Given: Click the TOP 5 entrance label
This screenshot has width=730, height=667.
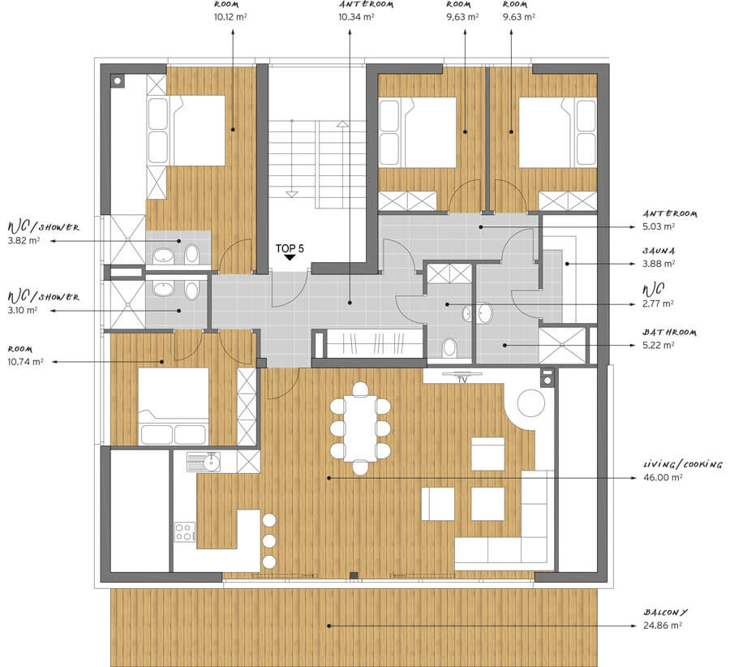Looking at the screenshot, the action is click(x=290, y=248).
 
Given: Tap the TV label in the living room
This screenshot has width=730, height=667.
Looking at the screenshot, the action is click(x=462, y=380).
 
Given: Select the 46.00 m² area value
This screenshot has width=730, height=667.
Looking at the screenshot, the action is click(x=663, y=477).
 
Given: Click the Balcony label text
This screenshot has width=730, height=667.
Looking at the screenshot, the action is click(x=665, y=612).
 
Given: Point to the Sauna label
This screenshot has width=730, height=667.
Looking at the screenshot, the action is click(x=659, y=251).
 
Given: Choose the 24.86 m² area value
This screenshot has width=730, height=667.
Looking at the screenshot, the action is click(x=663, y=625).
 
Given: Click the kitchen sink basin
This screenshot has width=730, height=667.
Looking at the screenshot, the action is click(x=213, y=462).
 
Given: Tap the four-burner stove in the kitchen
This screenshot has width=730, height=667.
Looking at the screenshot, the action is click(x=185, y=532).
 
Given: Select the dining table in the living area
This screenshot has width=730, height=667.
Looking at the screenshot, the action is click(x=360, y=428).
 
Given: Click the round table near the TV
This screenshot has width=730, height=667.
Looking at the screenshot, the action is click(x=530, y=403).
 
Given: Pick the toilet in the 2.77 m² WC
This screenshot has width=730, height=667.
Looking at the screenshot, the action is click(x=449, y=347).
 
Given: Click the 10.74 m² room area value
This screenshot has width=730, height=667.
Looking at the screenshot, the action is click(x=26, y=361).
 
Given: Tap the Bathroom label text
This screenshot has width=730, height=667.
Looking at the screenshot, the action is click(x=669, y=332).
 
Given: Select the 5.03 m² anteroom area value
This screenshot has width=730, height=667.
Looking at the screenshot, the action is click(x=659, y=226).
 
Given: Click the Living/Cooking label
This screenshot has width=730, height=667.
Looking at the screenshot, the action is click(x=682, y=464).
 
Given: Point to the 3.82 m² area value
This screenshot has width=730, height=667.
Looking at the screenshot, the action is click(x=24, y=241).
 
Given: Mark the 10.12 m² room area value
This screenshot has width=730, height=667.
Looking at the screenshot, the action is click(x=230, y=17).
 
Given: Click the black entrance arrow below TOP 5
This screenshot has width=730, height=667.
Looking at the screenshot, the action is click(x=290, y=257).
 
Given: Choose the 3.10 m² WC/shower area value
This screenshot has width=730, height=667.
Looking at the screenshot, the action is click(x=23, y=310).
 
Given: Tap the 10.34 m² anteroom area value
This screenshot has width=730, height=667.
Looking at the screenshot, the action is click(x=356, y=17).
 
